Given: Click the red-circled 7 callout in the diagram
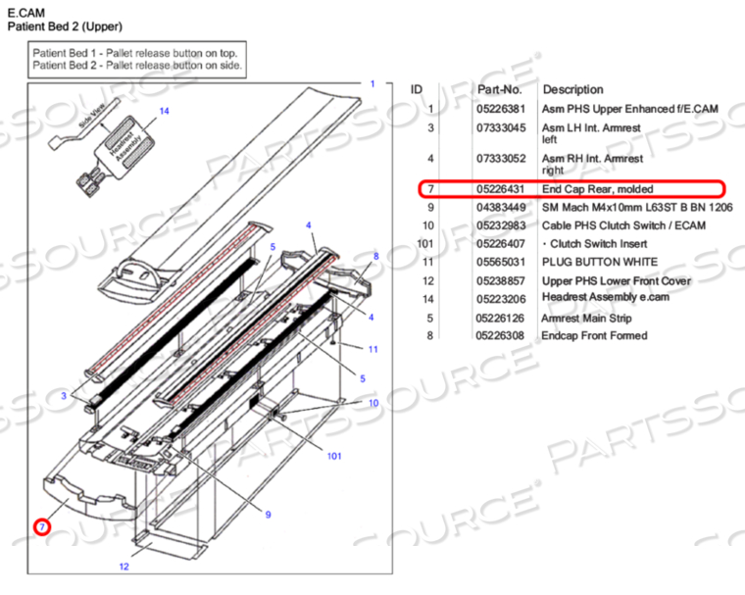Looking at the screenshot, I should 41,527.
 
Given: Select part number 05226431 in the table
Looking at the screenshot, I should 500,189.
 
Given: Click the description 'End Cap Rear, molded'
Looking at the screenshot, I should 597,189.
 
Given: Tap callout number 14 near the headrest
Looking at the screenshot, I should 164,112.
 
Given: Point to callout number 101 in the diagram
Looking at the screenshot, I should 333,456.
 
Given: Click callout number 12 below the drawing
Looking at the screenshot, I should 124,567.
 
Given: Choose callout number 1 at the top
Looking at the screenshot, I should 372,84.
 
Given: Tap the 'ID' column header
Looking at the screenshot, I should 417,89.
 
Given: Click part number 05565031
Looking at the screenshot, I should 500,263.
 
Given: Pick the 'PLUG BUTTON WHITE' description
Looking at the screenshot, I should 599,263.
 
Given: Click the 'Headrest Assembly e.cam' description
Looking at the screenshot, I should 608,299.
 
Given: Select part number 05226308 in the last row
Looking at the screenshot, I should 500,336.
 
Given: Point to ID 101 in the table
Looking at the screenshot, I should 425,244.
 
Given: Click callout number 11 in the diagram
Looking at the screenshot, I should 372,349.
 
